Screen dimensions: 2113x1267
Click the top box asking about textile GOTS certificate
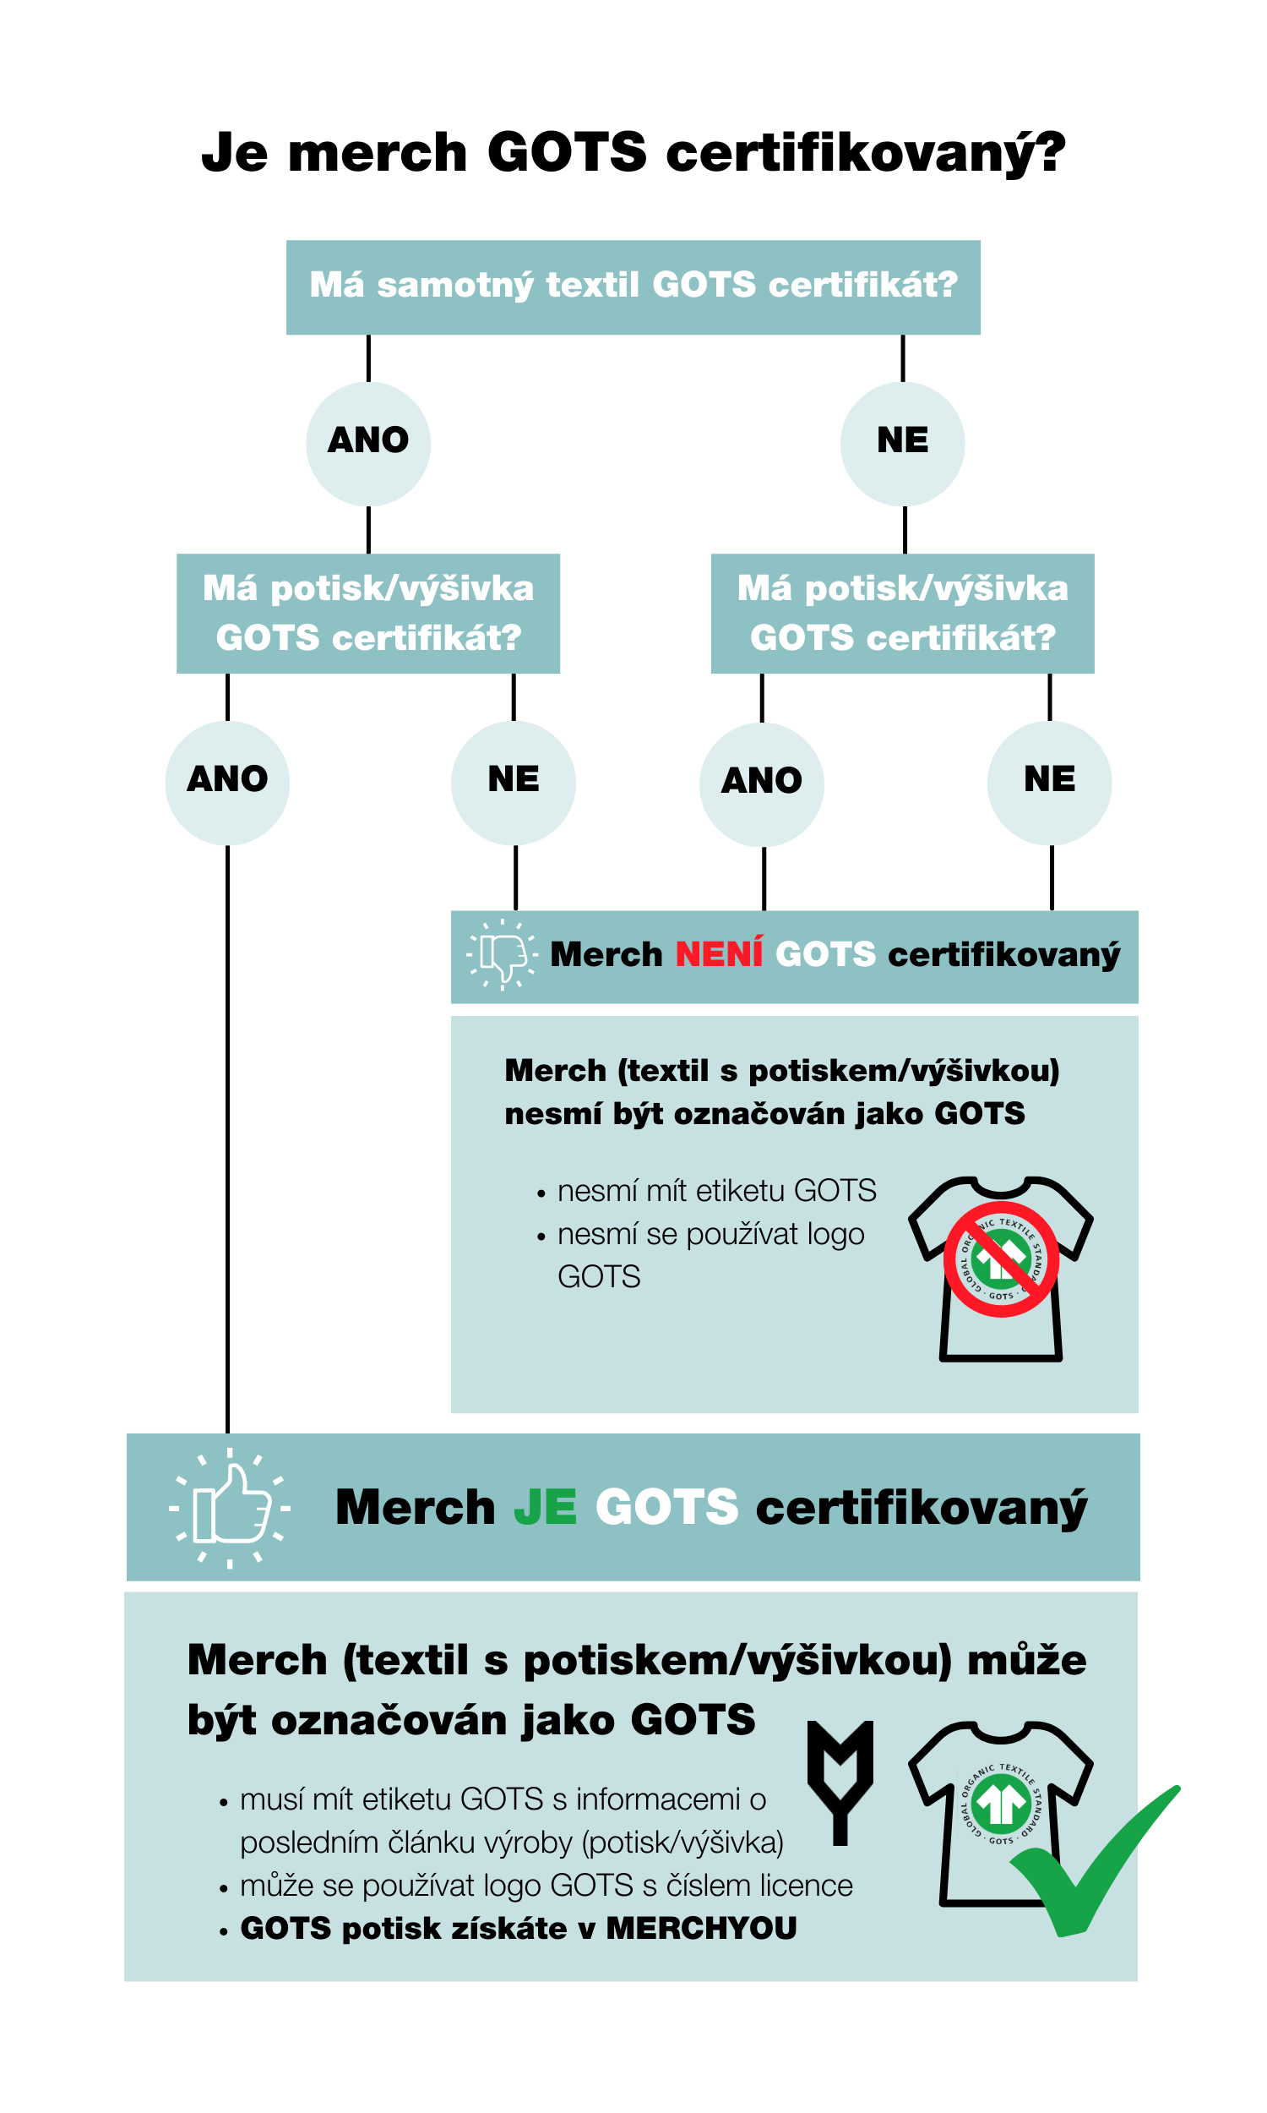tap(633, 287)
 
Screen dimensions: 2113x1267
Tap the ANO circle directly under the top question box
tap(368, 443)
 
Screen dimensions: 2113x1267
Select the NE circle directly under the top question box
tap(902, 443)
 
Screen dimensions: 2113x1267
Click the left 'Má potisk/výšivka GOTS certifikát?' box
tap(368, 614)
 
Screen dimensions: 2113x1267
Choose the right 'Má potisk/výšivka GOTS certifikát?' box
tap(902, 614)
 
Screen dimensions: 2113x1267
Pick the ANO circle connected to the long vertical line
tap(227, 783)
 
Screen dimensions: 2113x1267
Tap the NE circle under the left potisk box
tap(513, 783)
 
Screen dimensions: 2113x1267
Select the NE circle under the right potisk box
tap(1049, 783)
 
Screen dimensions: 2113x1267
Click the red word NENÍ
tap(719, 955)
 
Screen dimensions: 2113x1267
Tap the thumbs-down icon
tap(502, 955)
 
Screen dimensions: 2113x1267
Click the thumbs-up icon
tap(230, 1508)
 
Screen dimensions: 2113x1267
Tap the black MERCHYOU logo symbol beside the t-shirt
tap(840, 1781)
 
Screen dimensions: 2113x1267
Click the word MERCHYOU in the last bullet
tap(701, 1928)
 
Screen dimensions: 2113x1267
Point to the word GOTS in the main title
tap(567, 153)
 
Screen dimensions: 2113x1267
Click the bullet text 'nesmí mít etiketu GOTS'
tap(716, 1191)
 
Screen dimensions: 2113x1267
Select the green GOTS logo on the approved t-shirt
tap(1001, 1804)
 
